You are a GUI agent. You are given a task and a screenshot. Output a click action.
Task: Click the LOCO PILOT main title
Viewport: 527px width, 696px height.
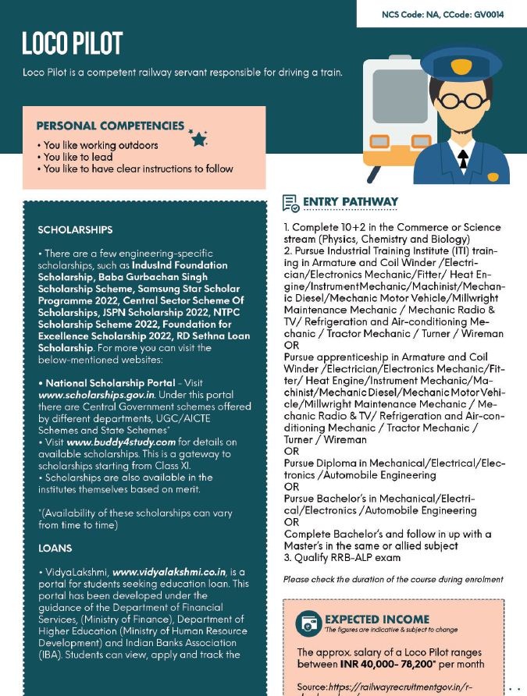click(73, 44)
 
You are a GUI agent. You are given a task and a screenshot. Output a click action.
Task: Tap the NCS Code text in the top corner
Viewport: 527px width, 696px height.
click(442, 14)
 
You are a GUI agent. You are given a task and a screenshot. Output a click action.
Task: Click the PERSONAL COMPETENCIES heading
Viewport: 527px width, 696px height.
click(110, 126)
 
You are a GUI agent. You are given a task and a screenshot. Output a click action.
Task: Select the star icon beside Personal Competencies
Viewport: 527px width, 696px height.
click(198, 138)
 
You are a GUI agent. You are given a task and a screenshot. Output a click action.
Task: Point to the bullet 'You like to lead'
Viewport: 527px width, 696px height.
click(78, 157)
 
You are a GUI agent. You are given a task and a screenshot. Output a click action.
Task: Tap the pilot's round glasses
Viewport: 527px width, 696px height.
click(461, 101)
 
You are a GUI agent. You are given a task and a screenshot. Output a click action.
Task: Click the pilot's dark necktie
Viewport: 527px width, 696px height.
click(463, 158)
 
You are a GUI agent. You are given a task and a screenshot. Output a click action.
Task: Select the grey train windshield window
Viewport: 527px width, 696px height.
click(399, 95)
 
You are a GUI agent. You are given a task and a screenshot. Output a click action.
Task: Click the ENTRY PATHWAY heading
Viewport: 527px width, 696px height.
click(351, 202)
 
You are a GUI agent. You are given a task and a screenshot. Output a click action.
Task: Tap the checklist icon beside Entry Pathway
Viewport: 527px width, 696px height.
click(290, 204)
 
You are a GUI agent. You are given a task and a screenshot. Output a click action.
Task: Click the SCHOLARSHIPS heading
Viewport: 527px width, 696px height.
click(75, 230)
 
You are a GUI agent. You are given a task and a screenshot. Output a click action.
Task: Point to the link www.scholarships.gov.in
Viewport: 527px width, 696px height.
click(96, 395)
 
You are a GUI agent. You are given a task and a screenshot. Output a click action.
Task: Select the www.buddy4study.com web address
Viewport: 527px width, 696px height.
click(121, 442)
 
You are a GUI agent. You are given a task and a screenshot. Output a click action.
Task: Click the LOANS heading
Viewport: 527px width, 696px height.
click(55, 549)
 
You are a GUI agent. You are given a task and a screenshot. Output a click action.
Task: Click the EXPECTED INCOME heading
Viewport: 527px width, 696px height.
click(376, 619)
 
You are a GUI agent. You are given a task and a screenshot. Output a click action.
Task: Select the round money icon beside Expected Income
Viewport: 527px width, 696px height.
click(308, 623)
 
